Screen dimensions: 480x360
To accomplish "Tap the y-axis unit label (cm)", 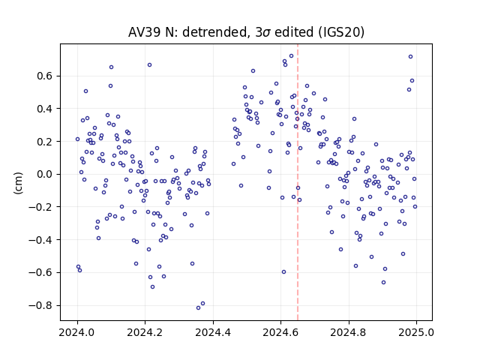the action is [x=18, y=183].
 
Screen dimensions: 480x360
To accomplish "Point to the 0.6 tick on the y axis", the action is [x=44, y=76].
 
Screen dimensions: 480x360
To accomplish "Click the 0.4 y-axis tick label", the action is [x=44, y=109].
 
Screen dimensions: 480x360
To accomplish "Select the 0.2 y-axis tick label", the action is [x=44, y=142].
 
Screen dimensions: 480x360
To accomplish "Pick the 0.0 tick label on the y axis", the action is [x=44, y=174].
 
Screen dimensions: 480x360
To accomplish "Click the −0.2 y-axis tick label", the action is [x=40, y=207].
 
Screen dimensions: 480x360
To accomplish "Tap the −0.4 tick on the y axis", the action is [x=40, y=240].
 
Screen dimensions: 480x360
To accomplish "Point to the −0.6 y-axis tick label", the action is [x=40, y=272].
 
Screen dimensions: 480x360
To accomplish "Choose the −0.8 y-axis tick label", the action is [x=40, y=305].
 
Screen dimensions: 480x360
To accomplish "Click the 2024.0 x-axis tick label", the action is [x=77, y=332].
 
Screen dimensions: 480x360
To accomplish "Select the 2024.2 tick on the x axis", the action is [x=145, y=332].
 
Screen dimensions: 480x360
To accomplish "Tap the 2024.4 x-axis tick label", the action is [x=213, y=332].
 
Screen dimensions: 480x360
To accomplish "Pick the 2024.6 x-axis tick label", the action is [x=280, y=332].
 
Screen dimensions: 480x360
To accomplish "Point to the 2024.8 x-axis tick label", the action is [x=348, y=332].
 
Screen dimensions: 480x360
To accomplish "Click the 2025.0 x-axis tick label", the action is [x=416, y=332].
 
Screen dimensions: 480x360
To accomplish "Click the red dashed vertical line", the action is [x=298, y=182].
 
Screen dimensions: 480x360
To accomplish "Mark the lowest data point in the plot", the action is [x=198, y=308].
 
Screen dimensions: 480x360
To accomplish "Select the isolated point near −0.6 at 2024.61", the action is [x=283, y=271].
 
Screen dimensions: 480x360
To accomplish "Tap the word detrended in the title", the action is [x=214, y=32].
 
